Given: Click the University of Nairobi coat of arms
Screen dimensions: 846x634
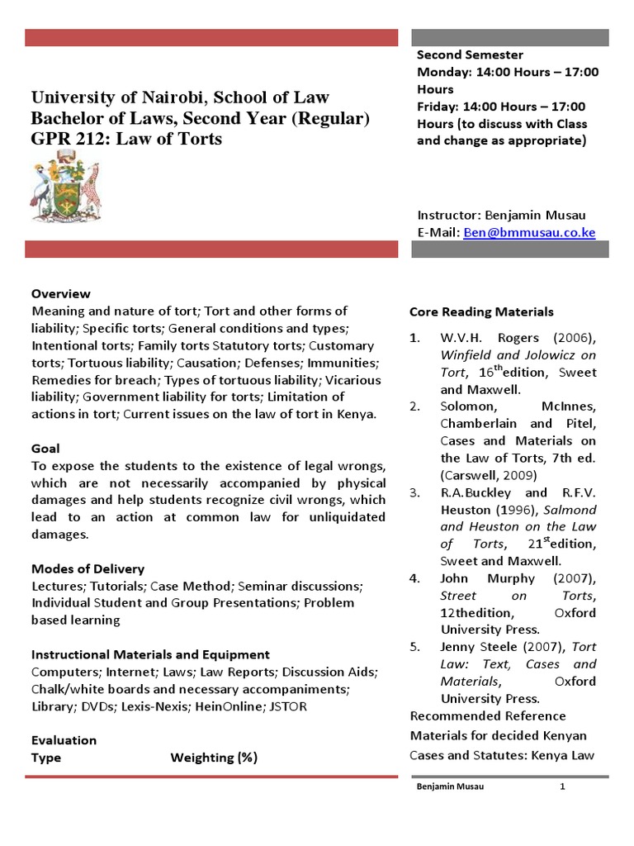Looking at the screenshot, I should click(x=65, y=192).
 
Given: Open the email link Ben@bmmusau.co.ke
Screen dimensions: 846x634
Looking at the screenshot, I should click(x=529, y=233).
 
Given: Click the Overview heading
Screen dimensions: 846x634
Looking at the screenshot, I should click(x=61, y=294).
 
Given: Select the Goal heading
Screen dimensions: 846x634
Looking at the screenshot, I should click(x=45, y=449).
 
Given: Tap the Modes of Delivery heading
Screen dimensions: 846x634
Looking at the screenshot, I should click(x=88, y=569).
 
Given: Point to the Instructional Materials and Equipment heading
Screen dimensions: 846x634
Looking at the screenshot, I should click(x=150, y=655).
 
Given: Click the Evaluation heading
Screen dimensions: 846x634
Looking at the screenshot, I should click(x=64, y=740).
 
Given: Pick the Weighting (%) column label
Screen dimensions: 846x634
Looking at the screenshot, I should click(x=214, y=758).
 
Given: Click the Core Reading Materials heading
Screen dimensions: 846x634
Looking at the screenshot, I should click(x=481, y=312).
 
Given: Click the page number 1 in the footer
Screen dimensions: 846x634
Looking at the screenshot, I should click(x=562, y=787).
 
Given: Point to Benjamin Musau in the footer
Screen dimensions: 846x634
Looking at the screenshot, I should click(x=449, y=787).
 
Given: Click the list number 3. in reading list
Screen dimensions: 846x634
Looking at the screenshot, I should click(x=415, y=492).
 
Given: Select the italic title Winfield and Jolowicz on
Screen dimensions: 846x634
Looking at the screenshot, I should click(x=518, y=354).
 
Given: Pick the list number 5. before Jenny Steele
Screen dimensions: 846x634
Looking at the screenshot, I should click(x=415, y=647).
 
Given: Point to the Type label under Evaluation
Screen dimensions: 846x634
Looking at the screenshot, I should click(x=46, y=758).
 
